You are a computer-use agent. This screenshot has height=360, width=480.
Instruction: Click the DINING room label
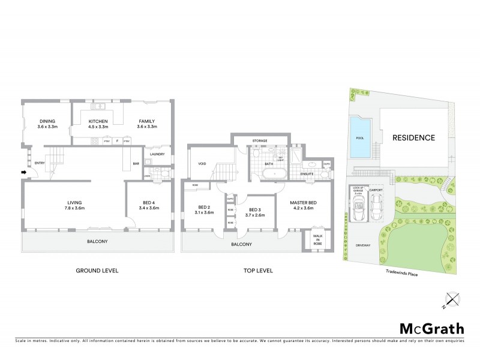(47, 124)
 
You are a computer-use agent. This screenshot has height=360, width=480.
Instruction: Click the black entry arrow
(25, 173)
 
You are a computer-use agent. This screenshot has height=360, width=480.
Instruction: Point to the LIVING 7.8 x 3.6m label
(75, 206)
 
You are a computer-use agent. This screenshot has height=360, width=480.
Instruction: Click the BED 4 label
(148, 206)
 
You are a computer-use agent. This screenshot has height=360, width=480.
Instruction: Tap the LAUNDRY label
(158, 154)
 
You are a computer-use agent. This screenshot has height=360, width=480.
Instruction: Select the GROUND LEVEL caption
(97, 271)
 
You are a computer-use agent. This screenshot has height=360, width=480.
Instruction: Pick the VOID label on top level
(202, 163)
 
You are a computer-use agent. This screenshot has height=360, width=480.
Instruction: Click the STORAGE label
(260, 141)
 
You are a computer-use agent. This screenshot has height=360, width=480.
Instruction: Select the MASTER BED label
(303, 206)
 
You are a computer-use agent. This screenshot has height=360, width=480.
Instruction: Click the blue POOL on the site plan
(360, 137)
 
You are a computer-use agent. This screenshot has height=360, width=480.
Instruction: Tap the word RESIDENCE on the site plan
(413, 137)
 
